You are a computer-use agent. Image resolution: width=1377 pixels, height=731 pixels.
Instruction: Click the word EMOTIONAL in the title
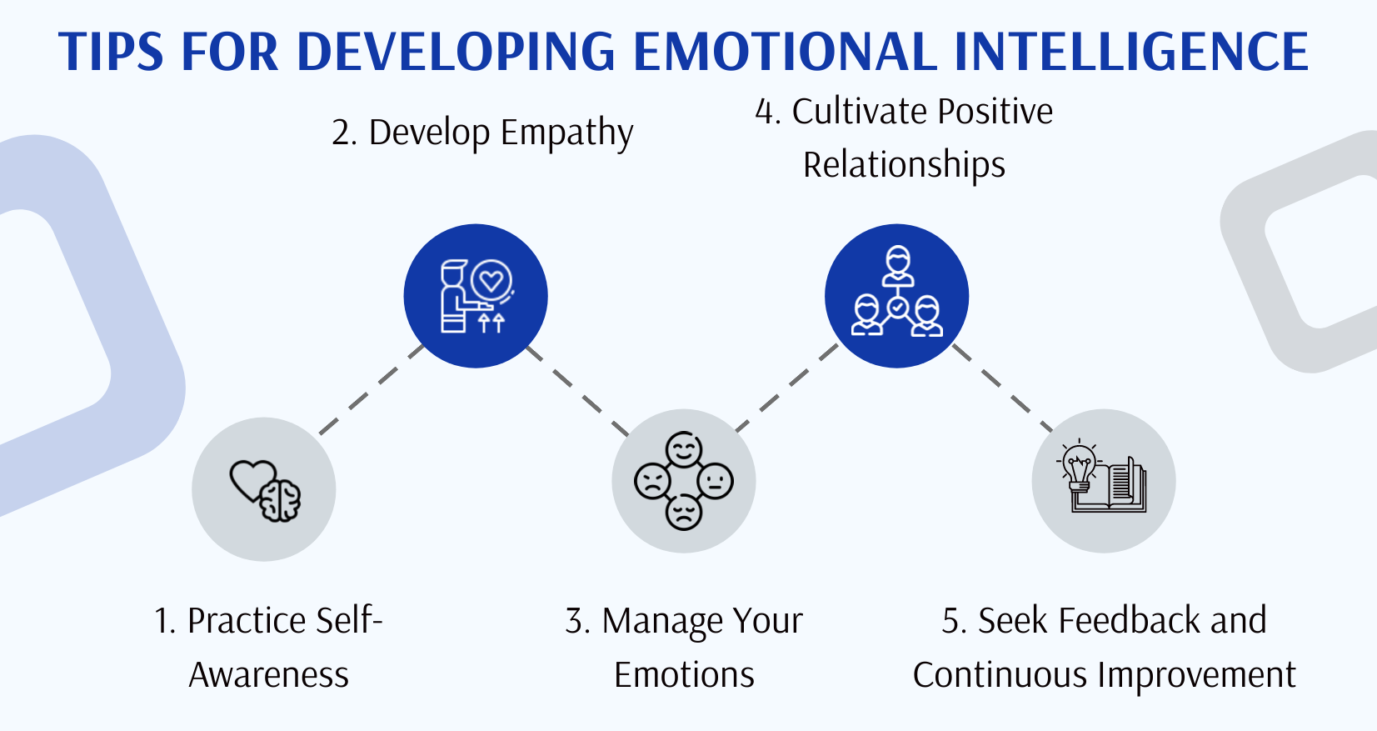click(x=785, y=52)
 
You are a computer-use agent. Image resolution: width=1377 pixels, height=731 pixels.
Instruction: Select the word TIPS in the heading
click(x=111, y=52)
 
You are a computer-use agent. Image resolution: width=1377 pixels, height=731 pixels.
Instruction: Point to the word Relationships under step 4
click(x=904, y=164)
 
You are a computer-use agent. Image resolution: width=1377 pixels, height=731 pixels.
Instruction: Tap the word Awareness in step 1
click(x=268, y=674)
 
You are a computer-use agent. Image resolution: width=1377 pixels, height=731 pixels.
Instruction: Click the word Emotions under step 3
click(x=684, y=674)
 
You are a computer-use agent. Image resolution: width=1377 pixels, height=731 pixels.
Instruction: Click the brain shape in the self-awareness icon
click(x=281, y=500)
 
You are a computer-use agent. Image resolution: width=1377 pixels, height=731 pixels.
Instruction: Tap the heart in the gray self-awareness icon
click(x=250, y=478)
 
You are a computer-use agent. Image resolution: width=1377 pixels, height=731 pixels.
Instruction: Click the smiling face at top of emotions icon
click(x=684, y=450)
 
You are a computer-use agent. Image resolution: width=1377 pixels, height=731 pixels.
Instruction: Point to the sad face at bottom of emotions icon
click(x=684, y=512)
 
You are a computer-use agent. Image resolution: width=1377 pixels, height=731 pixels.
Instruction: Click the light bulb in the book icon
click(x=1080, y=466)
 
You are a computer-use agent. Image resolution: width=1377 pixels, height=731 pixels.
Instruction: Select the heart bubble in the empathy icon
click(x=491, y=281)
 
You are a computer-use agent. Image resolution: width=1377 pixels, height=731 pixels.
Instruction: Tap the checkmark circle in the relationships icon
click(x=897, y=308)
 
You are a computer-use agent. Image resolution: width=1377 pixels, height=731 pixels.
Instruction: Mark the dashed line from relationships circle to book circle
click(x=1002, y=388)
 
